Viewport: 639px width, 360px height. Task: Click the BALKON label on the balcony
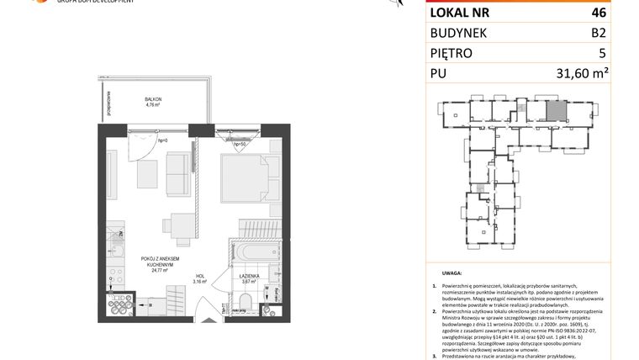153,99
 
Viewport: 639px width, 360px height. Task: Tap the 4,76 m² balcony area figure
153,106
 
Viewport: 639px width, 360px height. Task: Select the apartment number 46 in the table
599,13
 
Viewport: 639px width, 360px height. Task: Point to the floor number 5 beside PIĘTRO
602,54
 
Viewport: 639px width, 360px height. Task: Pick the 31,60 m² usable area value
583,75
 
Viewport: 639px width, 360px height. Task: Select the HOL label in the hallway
199,277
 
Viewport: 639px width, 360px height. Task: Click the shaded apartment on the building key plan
556,110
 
